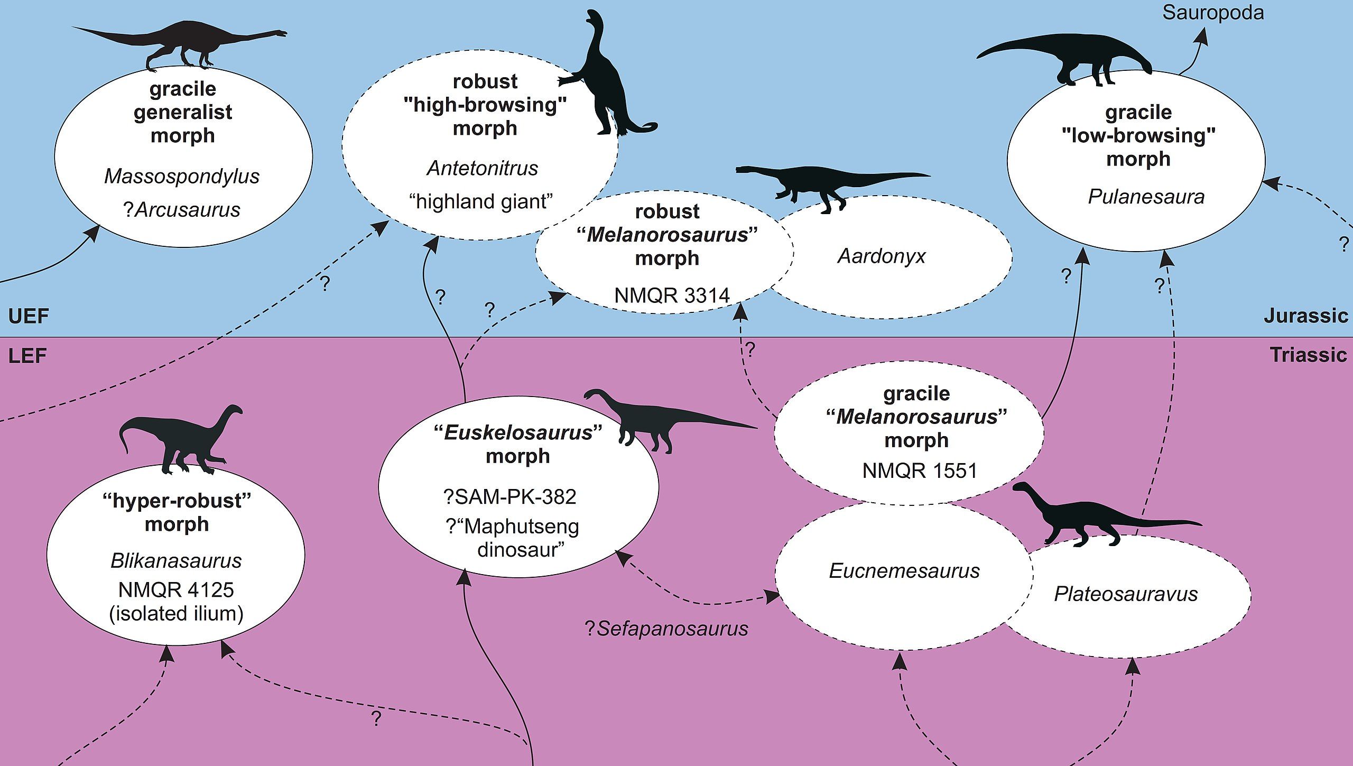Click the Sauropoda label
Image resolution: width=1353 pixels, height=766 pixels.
(x=1212, y=13)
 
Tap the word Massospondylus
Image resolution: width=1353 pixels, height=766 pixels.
(x=182, y=176)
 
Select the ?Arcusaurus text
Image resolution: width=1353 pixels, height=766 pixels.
(x=182, y=210)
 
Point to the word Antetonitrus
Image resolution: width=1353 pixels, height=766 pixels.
(x=482, y=168)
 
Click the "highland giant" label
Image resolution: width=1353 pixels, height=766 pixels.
(x=481, y=201)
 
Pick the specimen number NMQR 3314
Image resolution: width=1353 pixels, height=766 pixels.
(x=672, y=295)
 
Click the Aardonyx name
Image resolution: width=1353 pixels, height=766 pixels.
(x=882, y=256)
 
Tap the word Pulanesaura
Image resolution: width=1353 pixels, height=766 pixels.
(x=1146, y=197)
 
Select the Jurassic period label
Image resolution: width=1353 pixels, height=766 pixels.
(x=1305, y=316)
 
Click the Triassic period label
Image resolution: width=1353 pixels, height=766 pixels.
(x=1308, y=354)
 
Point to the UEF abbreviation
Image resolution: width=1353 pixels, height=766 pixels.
(x=29, y=316)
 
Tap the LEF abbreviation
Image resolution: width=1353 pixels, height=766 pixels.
(x=27, y=355)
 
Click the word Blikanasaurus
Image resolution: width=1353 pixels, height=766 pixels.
(x=176, y=560)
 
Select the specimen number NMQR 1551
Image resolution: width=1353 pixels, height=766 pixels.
(x=920, y=470)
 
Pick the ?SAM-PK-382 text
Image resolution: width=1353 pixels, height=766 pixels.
(x=509, y=496)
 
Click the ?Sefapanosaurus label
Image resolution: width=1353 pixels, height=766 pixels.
(x=666, y=629)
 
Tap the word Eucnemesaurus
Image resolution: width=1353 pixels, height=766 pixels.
(x=904, y=571)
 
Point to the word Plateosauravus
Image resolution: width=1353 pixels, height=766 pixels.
(x=1126, y=594)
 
